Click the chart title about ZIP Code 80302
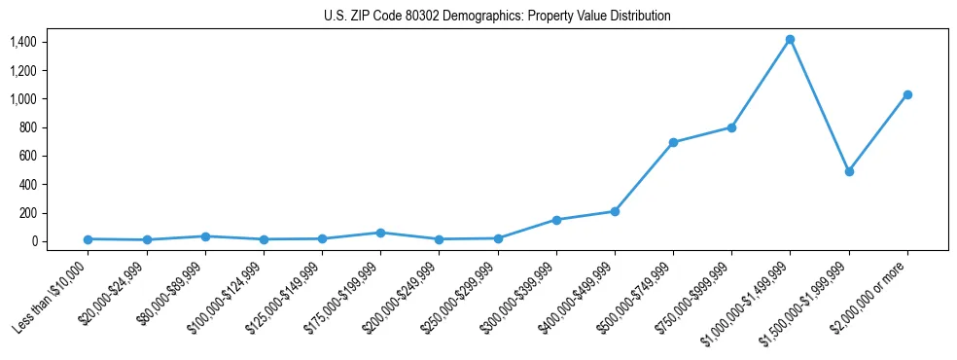[x=497, y=17]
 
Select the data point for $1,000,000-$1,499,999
[x=790, y=40]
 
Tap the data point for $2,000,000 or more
[x=907, y=94]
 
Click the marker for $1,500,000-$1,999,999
[x=849, y=171]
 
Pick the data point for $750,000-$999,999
[x=731, y=127]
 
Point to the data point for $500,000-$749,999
[x=673, y=142]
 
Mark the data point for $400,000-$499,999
[x=615, y=211]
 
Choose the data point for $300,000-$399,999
[x=556, y=220]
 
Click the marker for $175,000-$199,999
[x=380, y=233]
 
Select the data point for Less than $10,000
[x=88, y=239]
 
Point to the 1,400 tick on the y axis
[x=23, y=42]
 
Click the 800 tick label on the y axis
[x=27, y=127]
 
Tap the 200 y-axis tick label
[x=27, y=213]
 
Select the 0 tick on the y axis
[x=33, y=241]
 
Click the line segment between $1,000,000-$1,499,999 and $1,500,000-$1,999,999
[x=819, y=105]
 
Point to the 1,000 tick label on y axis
[x=23, y=99]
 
